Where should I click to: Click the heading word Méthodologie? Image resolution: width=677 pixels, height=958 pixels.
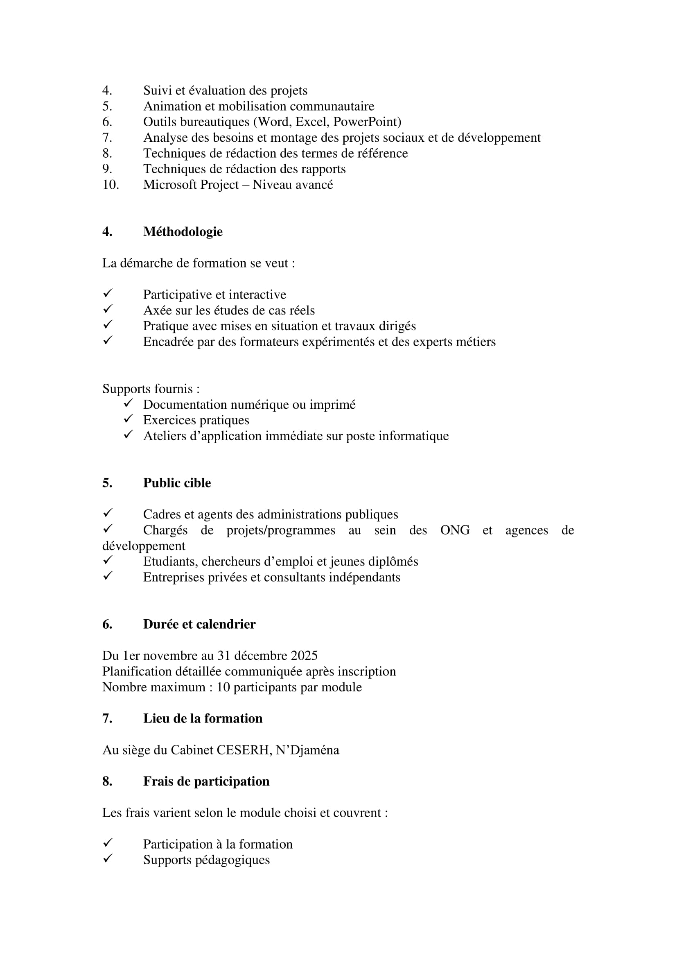(x=183, y=231)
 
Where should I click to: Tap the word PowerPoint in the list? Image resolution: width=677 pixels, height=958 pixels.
(x=367, y=122)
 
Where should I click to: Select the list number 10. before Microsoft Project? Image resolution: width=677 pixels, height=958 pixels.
(x=111, y=184)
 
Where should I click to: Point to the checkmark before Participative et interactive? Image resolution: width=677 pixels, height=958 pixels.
(x=108, y=294)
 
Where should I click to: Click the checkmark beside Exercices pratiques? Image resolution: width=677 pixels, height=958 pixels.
(x=128, y=419)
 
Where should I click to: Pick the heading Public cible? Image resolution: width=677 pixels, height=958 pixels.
(x=177, y=483)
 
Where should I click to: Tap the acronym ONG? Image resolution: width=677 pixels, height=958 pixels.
(x=455, y=530)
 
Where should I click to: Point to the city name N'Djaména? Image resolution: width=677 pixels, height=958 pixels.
(x=307, y=750)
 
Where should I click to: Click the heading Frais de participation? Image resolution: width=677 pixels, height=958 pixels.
(x=206, y=781)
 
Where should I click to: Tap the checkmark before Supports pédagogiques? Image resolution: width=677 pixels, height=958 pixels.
(x=108, y=859)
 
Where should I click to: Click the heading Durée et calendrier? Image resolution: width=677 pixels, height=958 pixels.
(x=199, y=624)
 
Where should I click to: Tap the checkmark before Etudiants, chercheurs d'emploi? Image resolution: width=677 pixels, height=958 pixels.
(x=108, y=560)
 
